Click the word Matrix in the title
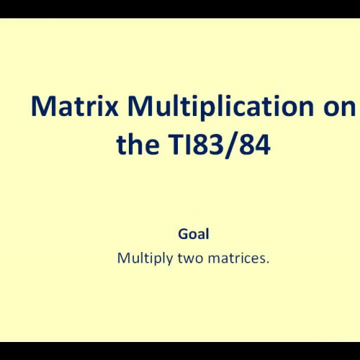(70, 108)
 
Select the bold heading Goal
(193, 234)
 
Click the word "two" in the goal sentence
(189, 257)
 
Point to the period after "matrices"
(267, 261)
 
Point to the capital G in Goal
(182, 234)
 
